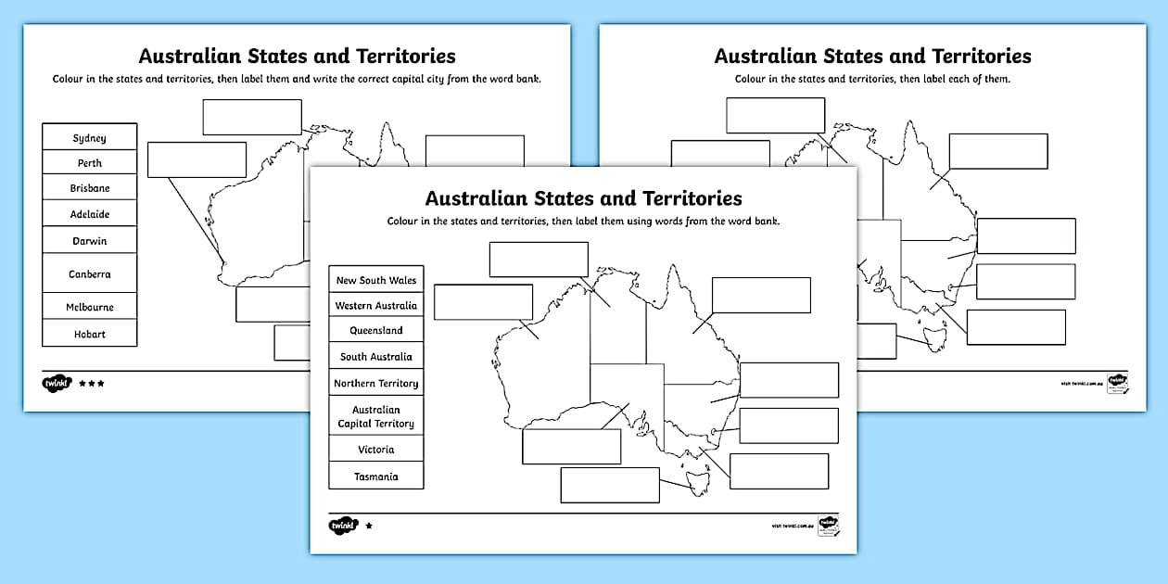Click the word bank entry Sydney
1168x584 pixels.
click(90, 138)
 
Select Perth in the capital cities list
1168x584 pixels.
click(90, 163)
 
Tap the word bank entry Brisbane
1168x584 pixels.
click(90, 188)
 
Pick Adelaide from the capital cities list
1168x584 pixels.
click(90, 214)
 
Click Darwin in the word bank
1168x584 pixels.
click(90, 241)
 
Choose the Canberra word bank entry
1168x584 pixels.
click(90, 274)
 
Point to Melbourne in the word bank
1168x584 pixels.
click(90, 307)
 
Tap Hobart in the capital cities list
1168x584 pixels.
click(90, 334)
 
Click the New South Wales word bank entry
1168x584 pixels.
click(376, 280)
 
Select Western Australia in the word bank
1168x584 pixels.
click(376, 306)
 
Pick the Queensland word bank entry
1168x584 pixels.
click(376, 331)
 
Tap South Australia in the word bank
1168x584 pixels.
click(376, 357)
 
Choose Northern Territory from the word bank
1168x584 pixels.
click(376, 383)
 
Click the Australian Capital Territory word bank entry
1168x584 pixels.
click(376, 416)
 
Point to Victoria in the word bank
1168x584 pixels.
click(376, 450)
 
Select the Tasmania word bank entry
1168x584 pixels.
click(376, 476)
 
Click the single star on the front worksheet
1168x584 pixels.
click(369, 526)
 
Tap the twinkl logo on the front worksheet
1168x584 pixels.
click(342, 526)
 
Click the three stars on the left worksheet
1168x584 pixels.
click(91, 383)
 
